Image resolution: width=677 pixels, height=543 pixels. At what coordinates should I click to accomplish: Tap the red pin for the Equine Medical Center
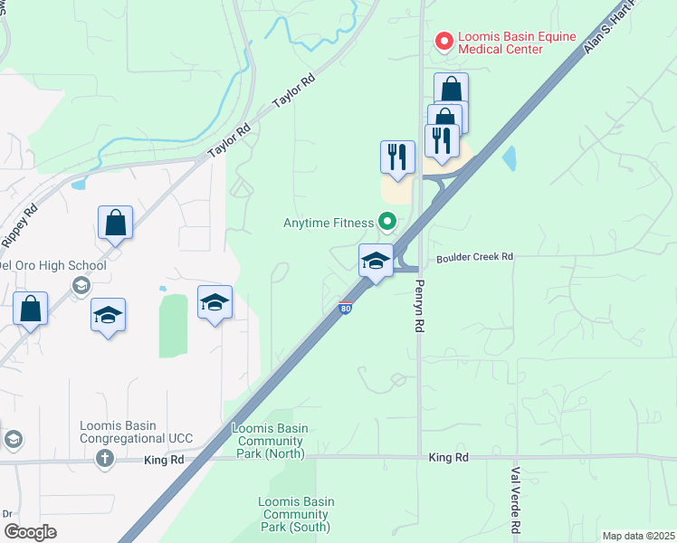pyautogui.click(x=444, y=41)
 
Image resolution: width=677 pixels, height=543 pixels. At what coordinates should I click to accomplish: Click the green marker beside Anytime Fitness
pyautogui.click(x=387, y=221)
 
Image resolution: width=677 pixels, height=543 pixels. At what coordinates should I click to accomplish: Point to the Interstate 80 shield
pyautogui.click(x=346, y=309)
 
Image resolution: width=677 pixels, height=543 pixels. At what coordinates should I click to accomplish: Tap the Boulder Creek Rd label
pyautogui.click(x=474, y=257)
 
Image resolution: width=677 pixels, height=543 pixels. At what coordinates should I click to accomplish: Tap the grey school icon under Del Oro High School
pyautogui.click(x=81, y=286)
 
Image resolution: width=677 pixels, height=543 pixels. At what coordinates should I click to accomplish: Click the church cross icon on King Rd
pyautogui.click(x=105, y=458)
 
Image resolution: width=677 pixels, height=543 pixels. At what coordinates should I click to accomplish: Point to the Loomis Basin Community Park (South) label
pyautogui.click(x=295, y=514)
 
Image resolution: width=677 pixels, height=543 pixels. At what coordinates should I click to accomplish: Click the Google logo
pyautogui.click(x=29, y=532)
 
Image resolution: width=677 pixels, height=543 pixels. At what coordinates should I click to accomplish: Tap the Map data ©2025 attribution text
pyautogui.click(x=638, y=536)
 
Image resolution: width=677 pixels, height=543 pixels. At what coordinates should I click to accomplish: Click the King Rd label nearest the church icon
pyautogui.click(x=164, y=460)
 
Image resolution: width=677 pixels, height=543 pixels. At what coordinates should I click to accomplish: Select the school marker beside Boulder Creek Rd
pyautogui.click(x=376, y=262)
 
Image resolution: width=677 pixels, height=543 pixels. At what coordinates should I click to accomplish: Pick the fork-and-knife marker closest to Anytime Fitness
pyautogui.click(x=397, y=158)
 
